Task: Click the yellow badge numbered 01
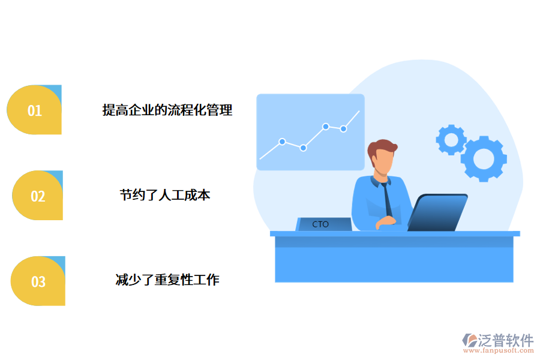[x=34, y=110]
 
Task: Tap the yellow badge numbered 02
[x=37, y=196]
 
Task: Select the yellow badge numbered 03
[x=38, y=281]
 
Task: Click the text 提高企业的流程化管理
[x=167, y=110]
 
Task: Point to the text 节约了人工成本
[x=165, y=195]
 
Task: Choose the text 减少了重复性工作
[x=167, y=280]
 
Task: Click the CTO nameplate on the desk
[x=323, y=224]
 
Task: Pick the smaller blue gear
[x=451, y=140]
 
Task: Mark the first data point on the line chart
[x=281, y=142]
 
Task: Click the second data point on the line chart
[x=304, y=148]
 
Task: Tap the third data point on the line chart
[x=326, y=127]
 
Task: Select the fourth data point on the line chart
[x=343, y=128]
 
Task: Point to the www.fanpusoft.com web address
[x=497, y=352]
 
